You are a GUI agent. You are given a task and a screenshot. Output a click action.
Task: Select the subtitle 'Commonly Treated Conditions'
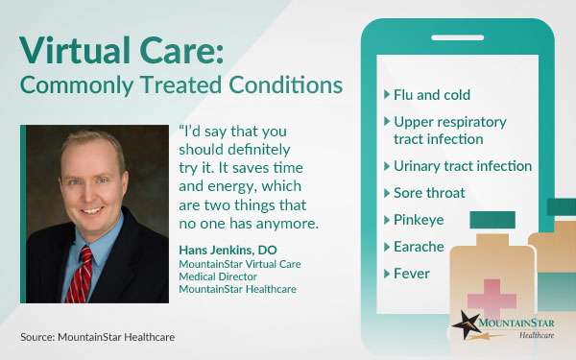point(181,84)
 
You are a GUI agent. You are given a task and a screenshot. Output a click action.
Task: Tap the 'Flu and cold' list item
point(431,95)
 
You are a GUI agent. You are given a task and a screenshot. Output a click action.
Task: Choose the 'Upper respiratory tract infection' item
point(449,131)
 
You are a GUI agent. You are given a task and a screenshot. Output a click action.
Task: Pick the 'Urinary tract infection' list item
point(462,166)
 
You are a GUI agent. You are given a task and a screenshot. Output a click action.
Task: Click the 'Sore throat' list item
point(428,193)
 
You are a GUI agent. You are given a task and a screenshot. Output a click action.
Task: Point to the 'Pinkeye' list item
point(418,220)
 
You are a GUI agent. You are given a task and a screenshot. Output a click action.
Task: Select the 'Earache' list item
point(419,247)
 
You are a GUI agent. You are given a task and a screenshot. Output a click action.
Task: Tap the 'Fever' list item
point(411,274)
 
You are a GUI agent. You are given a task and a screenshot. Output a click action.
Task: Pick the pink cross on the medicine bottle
point(492,294)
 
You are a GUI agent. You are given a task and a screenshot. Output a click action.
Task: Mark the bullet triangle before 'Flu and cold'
point(386,95)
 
